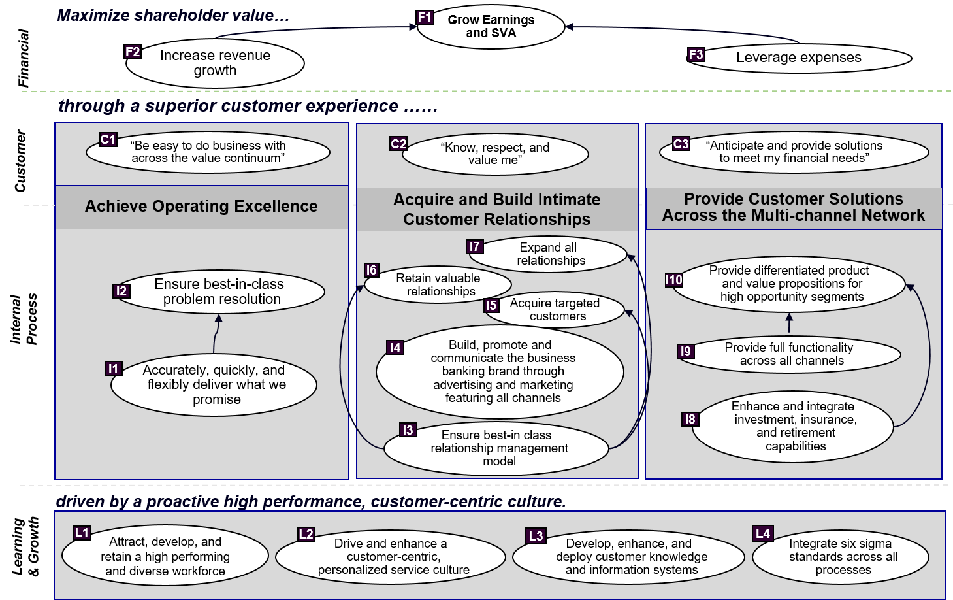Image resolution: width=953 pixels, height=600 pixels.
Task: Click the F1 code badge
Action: coord(425,18)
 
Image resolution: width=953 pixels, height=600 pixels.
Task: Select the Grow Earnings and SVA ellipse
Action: coord(491,27)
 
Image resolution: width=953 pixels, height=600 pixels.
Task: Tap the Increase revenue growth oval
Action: coord(216,63)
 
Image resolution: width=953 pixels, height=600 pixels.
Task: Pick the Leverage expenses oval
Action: coord(798,58)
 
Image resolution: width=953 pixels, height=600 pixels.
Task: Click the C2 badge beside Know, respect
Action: coord(398,144)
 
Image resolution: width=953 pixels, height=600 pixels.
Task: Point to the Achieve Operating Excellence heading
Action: coord(201,207)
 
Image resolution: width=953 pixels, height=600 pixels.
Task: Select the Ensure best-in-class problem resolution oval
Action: coord(219,292)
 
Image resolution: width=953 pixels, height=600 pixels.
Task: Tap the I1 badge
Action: coord(114,369)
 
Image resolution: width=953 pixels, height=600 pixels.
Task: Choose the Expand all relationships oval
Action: coord(549,254)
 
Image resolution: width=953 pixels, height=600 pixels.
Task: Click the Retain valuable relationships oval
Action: coord(438,285)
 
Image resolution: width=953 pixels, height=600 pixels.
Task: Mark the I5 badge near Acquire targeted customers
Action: coord(491,305)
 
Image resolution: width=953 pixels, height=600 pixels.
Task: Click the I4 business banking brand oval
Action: coord(500,371)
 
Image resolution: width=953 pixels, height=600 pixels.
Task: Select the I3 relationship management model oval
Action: coord(496,448)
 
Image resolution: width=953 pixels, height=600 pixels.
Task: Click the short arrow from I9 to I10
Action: coord(789,323)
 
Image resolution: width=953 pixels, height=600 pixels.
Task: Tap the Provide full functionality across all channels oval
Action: coord(789,354)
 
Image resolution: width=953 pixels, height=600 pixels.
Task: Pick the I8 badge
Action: coord(690,419)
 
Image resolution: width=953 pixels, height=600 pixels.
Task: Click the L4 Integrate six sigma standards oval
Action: coord(841,557)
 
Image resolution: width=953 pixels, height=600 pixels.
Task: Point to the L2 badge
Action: coord(306,534)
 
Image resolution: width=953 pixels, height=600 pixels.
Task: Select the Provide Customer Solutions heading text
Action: coord(793,207)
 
